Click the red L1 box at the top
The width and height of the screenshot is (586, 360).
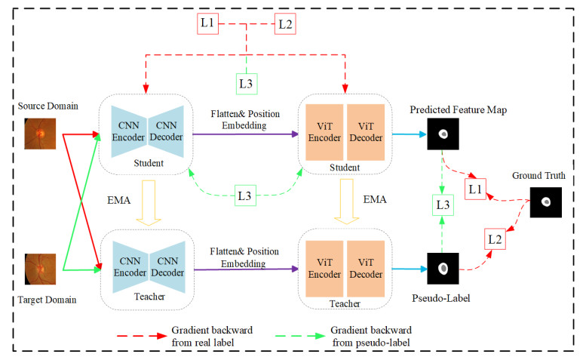point(208,23)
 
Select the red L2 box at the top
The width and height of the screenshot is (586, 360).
point(284,23)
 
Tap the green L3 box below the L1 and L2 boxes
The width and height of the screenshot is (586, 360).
point(247,83)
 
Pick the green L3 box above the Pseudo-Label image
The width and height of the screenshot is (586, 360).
point(443,204)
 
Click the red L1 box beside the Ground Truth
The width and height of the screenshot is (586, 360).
point(475,189)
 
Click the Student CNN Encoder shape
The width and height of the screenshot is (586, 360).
point(127,135)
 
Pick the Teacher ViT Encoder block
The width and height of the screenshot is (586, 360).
point(323,266)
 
